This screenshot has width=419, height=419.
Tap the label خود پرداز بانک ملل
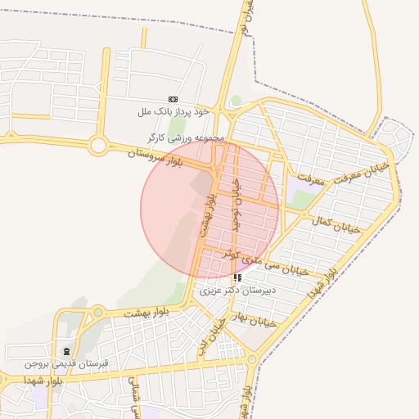coord(173,110)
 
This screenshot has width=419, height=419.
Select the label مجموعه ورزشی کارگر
coord(186,137)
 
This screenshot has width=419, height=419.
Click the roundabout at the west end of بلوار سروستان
coord(98,146)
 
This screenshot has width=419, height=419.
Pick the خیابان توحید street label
coord(236,205)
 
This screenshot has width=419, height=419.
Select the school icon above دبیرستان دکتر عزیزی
coord(237,277)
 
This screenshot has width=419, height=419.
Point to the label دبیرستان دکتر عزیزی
coord(238,290)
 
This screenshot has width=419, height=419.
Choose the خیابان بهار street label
coord(256,319)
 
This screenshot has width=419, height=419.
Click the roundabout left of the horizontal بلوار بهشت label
coord(97,312)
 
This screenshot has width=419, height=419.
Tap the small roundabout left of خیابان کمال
coord(305,215)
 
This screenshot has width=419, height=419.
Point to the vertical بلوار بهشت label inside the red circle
coord(206,216)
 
